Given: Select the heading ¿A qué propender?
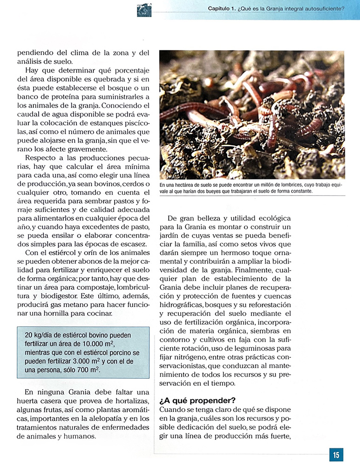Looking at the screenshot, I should coord(197,400).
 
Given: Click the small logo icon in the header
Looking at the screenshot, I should coord(144,9).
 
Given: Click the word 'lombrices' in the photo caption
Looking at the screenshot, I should coord(279,185).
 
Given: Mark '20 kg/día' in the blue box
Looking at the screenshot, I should coord(41,336).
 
